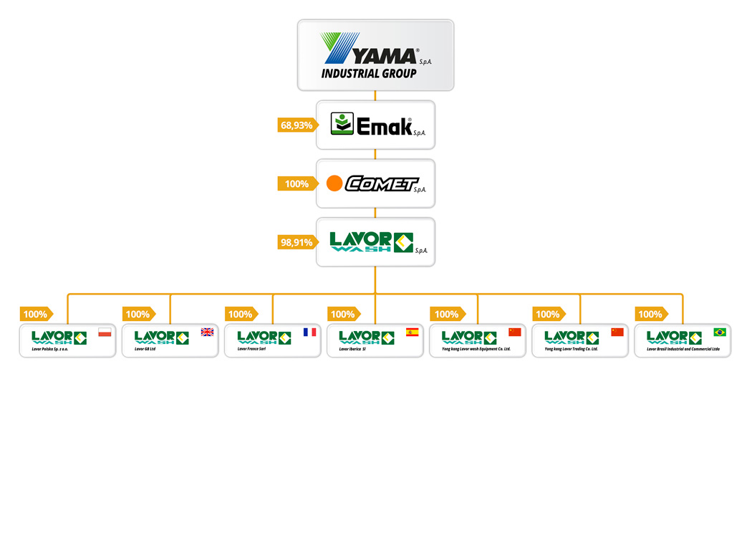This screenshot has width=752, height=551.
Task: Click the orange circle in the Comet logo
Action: coord(334,184)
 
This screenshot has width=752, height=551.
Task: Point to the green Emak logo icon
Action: coord(342,124)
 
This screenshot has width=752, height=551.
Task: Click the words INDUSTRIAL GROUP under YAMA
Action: coord(369,74)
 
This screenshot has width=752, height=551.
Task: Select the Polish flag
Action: coord(105,332)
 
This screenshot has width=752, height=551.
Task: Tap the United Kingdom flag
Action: coord(207,332)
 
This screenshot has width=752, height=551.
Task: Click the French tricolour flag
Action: coord(309,332)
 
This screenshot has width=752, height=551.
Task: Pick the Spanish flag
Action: coord(412,332)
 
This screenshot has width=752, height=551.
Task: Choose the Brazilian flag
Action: coord(719,332)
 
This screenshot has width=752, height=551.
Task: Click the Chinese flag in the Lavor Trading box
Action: coord(617,332)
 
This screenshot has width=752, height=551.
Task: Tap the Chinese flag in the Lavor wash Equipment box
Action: coord(514,332)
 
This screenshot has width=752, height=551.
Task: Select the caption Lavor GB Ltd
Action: coord(145,349)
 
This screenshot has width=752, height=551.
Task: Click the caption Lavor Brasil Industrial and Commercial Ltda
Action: coord(683,349)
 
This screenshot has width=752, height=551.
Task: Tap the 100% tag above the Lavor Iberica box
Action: coord(342,314)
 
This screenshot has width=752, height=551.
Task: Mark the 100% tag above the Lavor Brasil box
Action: coord(650,314)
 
